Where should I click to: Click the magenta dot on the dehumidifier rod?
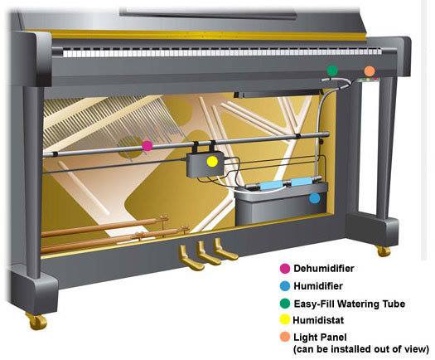[147, 145]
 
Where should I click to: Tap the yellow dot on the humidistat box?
[212, 162]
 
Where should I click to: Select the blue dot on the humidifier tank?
[315, 198]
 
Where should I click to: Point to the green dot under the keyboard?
[332, 71]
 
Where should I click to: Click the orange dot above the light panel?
[370, 71]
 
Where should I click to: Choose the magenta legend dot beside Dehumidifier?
[285, 269]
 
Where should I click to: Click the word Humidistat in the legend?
[318, 320]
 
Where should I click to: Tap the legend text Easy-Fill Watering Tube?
[350, 304]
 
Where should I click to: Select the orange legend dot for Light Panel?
[285, 338]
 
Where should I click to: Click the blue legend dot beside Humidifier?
[285, 286]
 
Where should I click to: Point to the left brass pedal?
[190, 258]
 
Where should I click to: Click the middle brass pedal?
[208, 253]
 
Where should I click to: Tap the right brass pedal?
[225, 249]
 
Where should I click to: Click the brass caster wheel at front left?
[37, 321]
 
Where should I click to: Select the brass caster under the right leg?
[384, 251]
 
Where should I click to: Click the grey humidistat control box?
[205, 165]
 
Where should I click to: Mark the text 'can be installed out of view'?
[361, 349]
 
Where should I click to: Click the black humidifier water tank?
[281, 204]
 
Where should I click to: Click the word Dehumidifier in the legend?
[324, 269]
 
